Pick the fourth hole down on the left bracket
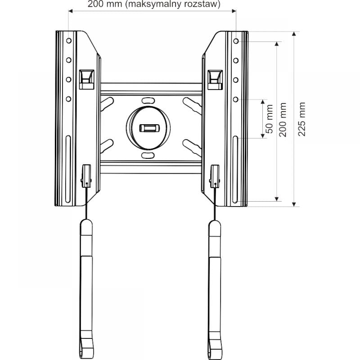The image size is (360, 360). click(69, 98)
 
